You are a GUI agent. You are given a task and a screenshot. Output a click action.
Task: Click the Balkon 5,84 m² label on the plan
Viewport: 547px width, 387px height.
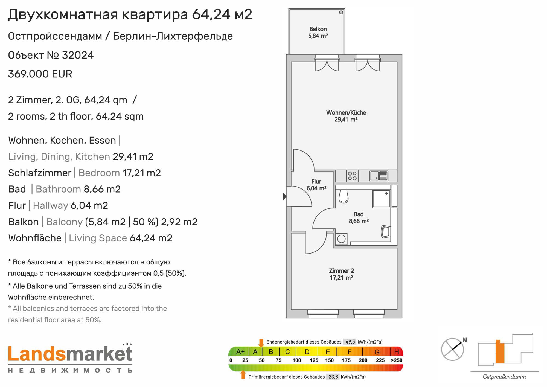point(318,32)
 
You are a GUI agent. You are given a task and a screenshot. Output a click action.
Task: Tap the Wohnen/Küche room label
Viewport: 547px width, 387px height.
point(346,116)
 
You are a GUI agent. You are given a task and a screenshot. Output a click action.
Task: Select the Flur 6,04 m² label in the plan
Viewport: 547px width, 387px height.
point(316,185)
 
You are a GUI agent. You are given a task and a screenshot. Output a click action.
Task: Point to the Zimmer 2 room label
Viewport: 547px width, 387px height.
point(341,274)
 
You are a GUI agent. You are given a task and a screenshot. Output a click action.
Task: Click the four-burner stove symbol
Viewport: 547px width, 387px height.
point(352,176)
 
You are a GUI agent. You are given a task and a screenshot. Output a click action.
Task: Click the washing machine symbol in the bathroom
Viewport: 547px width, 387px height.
point(341,239)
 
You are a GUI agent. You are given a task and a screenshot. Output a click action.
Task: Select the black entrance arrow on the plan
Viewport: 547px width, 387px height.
point(285,196)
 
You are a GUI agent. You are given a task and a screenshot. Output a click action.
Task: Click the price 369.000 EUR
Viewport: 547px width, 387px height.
point(40,74)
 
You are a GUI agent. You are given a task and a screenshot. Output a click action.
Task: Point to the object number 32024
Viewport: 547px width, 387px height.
point(78,55)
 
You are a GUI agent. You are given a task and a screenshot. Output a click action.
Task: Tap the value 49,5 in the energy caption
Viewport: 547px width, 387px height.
point(350,342)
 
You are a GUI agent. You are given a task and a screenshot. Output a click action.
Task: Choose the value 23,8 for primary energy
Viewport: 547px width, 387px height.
point(333,377)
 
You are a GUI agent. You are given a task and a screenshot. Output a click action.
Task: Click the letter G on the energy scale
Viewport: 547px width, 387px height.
point(377,352)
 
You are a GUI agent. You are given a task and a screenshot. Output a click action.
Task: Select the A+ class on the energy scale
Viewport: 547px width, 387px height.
point(240,352)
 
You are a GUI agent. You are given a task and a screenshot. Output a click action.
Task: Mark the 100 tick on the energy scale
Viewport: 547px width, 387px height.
point(297,360)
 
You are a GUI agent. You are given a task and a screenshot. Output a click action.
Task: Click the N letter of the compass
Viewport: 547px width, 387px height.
point(465,340)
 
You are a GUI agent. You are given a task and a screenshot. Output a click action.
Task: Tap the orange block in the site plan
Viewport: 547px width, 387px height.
point(500,351)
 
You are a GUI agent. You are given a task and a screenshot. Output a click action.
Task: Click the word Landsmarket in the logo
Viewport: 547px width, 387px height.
point(70,354)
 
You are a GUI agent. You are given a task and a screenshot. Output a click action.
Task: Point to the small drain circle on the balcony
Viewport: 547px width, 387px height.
point(341,12)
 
